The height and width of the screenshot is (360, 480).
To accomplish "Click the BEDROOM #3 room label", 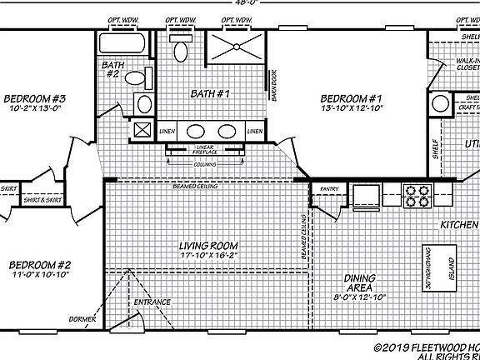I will (34, 97).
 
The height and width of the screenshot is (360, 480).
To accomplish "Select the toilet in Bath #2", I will (144, 78).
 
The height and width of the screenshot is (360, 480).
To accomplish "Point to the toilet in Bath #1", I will (181, 48).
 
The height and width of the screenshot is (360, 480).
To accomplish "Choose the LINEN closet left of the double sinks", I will (167, 131).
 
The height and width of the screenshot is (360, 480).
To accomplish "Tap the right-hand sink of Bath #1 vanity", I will (227, 131).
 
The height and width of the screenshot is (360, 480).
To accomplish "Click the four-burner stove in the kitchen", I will (416, 195).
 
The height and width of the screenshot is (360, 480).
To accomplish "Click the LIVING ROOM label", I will (208, 246).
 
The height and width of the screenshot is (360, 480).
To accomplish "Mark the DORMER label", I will (83, 320).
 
